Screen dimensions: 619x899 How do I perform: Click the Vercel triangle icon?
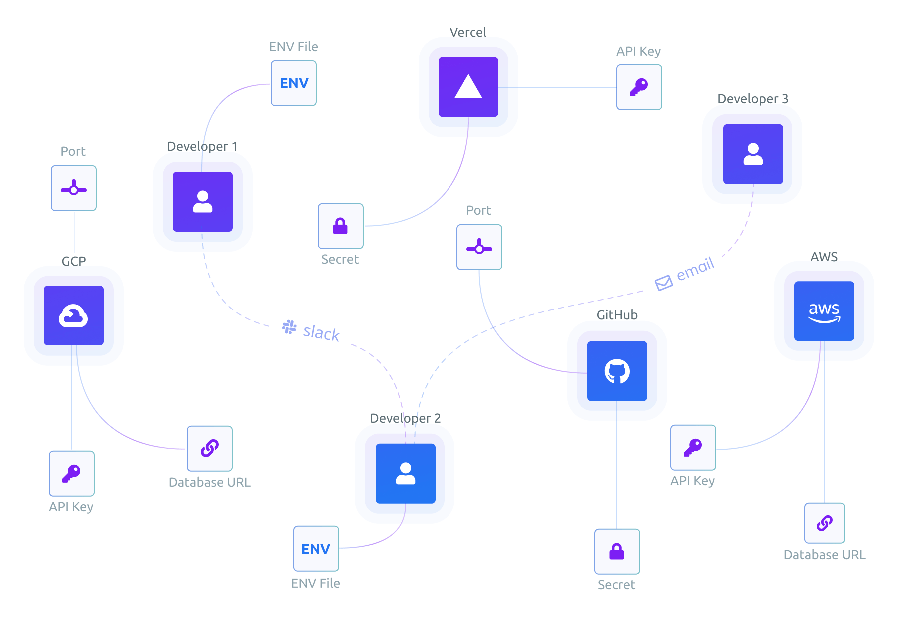[468, 87]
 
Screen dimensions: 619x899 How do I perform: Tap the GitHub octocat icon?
[617, 371]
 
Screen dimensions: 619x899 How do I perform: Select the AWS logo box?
[824, 311]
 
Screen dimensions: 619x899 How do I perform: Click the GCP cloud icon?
[74, 315]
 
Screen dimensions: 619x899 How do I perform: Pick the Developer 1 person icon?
[202, 202]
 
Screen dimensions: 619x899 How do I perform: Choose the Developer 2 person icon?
[405, 473]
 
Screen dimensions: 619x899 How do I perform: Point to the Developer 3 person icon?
[753, 154]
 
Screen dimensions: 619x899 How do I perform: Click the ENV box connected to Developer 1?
[294, 83]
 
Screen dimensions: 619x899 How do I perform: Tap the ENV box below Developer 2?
[316, 549]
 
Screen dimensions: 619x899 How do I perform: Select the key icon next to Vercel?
[639, 87]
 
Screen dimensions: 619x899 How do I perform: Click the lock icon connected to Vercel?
[340, 226]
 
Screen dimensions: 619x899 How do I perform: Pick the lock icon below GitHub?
[617, 551]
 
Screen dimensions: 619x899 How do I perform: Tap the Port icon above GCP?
[74, 188]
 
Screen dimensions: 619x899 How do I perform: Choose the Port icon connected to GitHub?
[479, 247]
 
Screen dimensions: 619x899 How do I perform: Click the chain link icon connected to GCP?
[210, 448]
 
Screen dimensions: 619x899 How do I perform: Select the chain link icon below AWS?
[824, 523]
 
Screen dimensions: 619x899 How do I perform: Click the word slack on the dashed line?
[321, 333]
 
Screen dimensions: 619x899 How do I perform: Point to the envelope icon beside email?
[663, 283]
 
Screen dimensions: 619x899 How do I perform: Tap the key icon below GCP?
[71, 473]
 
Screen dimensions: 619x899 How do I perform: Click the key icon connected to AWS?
[693, 447]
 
